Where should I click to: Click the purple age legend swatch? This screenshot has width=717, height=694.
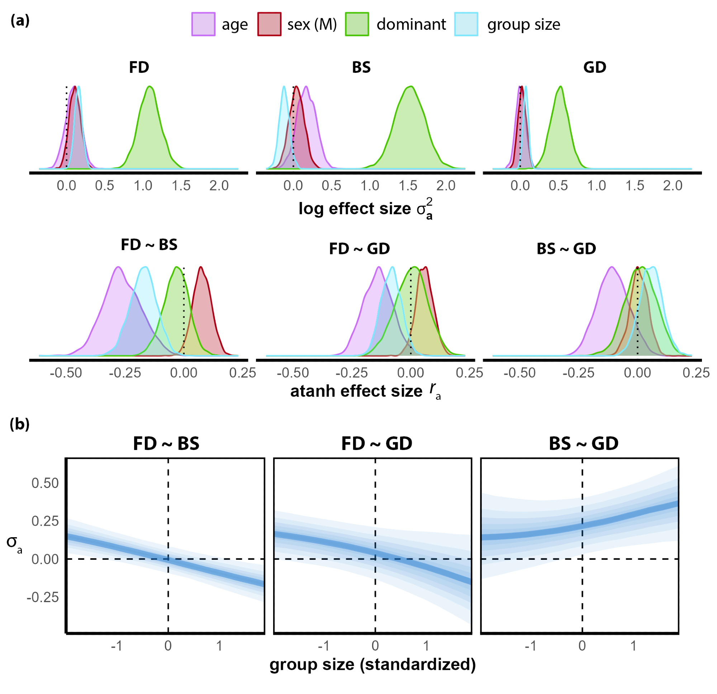(203, 24)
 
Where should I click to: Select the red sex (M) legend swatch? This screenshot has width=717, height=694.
(269, 24)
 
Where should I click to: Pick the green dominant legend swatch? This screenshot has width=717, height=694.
(357, 24)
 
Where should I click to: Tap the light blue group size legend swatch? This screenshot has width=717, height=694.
(466, 24)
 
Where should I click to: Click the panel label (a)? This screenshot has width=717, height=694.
(20, 20)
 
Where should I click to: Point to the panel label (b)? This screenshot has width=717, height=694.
(20, 424)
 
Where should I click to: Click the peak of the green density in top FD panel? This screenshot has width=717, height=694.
(149, 86)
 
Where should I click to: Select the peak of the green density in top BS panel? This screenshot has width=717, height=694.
(412, 86)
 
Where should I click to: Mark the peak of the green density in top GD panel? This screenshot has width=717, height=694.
(560, 86)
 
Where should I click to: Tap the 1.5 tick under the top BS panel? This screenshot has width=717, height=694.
(408, 186)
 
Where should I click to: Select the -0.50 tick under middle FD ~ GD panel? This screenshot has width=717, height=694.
(293, 373)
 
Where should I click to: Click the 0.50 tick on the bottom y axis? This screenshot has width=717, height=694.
(45, 483)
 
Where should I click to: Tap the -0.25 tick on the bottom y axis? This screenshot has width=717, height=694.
(43, 597)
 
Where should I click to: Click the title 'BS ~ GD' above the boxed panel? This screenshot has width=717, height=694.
(584, 444)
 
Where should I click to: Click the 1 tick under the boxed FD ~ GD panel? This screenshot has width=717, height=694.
(426, 646)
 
